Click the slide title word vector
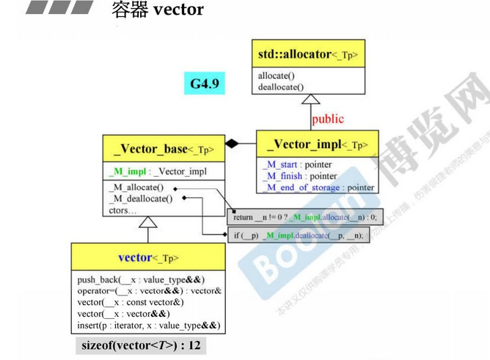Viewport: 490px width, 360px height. (x=179, y=10)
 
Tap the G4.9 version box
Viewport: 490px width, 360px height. (x=205, y=83)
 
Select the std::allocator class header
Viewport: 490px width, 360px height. (x=311, y=54)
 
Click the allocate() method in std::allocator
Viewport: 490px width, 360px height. (x=277, y=76)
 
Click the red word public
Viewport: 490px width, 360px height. (x=327, y=118)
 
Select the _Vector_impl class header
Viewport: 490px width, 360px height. (x=317, y=144)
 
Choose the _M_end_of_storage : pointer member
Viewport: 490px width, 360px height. (x=318, y=187)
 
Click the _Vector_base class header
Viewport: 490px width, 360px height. (x=164, y=150)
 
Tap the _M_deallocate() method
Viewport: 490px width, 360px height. (x=141, y=199)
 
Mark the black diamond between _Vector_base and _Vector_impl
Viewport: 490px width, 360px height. (x=233, y=144)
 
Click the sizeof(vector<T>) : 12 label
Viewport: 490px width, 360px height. (x=139, y=345)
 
